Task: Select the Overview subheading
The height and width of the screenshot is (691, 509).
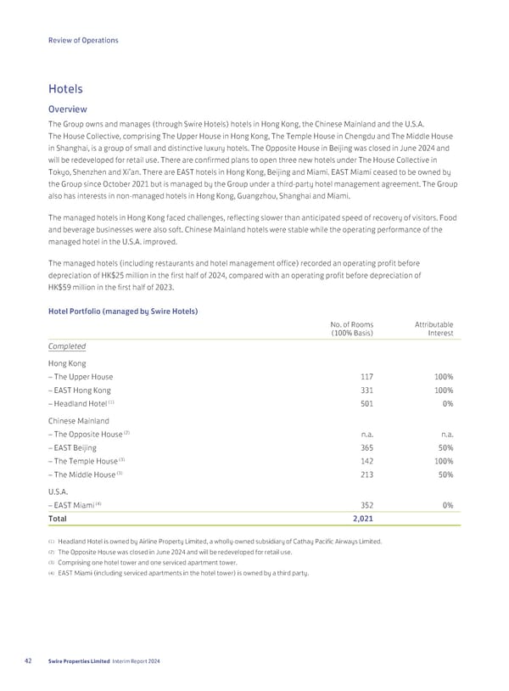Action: click(x=68, y=109)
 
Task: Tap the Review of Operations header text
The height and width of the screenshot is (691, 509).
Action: click(x=83, y=40)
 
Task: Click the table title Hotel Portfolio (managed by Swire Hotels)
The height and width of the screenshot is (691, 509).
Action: click(x=122, y=312)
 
